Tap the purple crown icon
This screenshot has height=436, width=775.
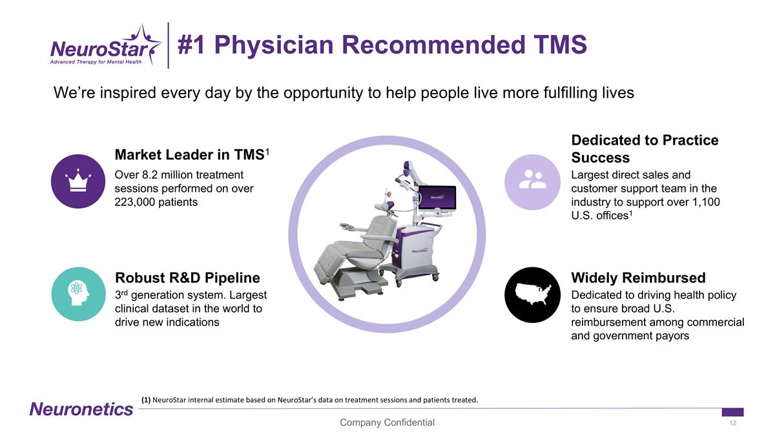click(x=78, y=181)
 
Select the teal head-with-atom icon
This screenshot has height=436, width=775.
click(x=78, y=293)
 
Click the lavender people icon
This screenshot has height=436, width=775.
click(x=532, y=181)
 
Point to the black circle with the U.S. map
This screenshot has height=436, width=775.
click(x=532, y=295)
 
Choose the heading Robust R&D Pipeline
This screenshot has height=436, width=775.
click(x=187, y=278)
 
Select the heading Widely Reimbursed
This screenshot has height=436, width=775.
click(x=638, y=278)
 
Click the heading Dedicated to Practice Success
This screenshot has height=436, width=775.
click(x=645, y=149)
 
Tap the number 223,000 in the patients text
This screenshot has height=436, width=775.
click(x=136, y=202)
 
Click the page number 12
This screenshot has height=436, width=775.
click(x=732, y=423)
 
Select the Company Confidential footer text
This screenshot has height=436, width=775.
click(x=387, y=422)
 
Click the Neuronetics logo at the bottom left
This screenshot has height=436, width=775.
click(x=81, y=409)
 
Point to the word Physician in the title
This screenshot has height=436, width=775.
click(x=277, y=45)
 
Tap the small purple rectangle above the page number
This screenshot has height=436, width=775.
click(x=732, y=412)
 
